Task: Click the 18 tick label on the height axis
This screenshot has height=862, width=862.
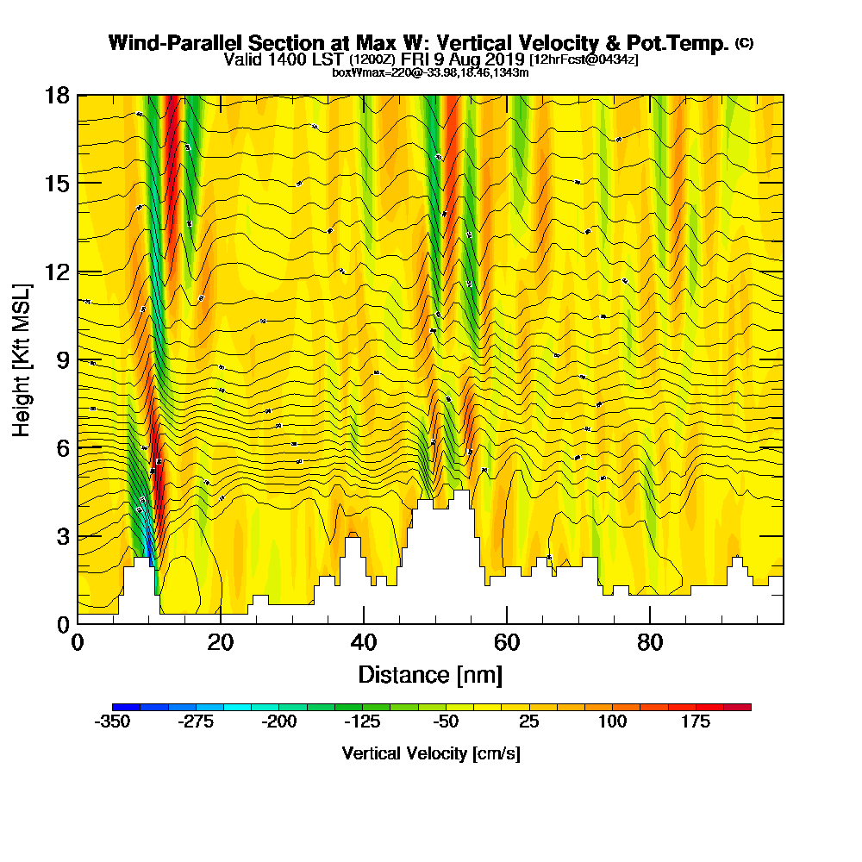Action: pyautogui.click(x=57, y=95)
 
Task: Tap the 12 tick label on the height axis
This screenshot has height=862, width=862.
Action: pyautogui.click(x=57, y=272)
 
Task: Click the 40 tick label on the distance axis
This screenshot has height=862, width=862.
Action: pyautogui.click(x=364, y=642)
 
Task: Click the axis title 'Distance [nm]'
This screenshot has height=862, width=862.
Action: pyautogui.click(x=430, y=674)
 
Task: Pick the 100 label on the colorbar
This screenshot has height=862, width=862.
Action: pyautogui.click(x=613, y=722)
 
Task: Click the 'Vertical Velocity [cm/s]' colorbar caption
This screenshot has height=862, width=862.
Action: pyautogui.click(x=430, y=753)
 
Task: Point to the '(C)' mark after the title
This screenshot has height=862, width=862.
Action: pyautogui.click(x=744, y=42)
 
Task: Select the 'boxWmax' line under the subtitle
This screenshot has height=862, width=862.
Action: pyautogui.click(x=430, y=72)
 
